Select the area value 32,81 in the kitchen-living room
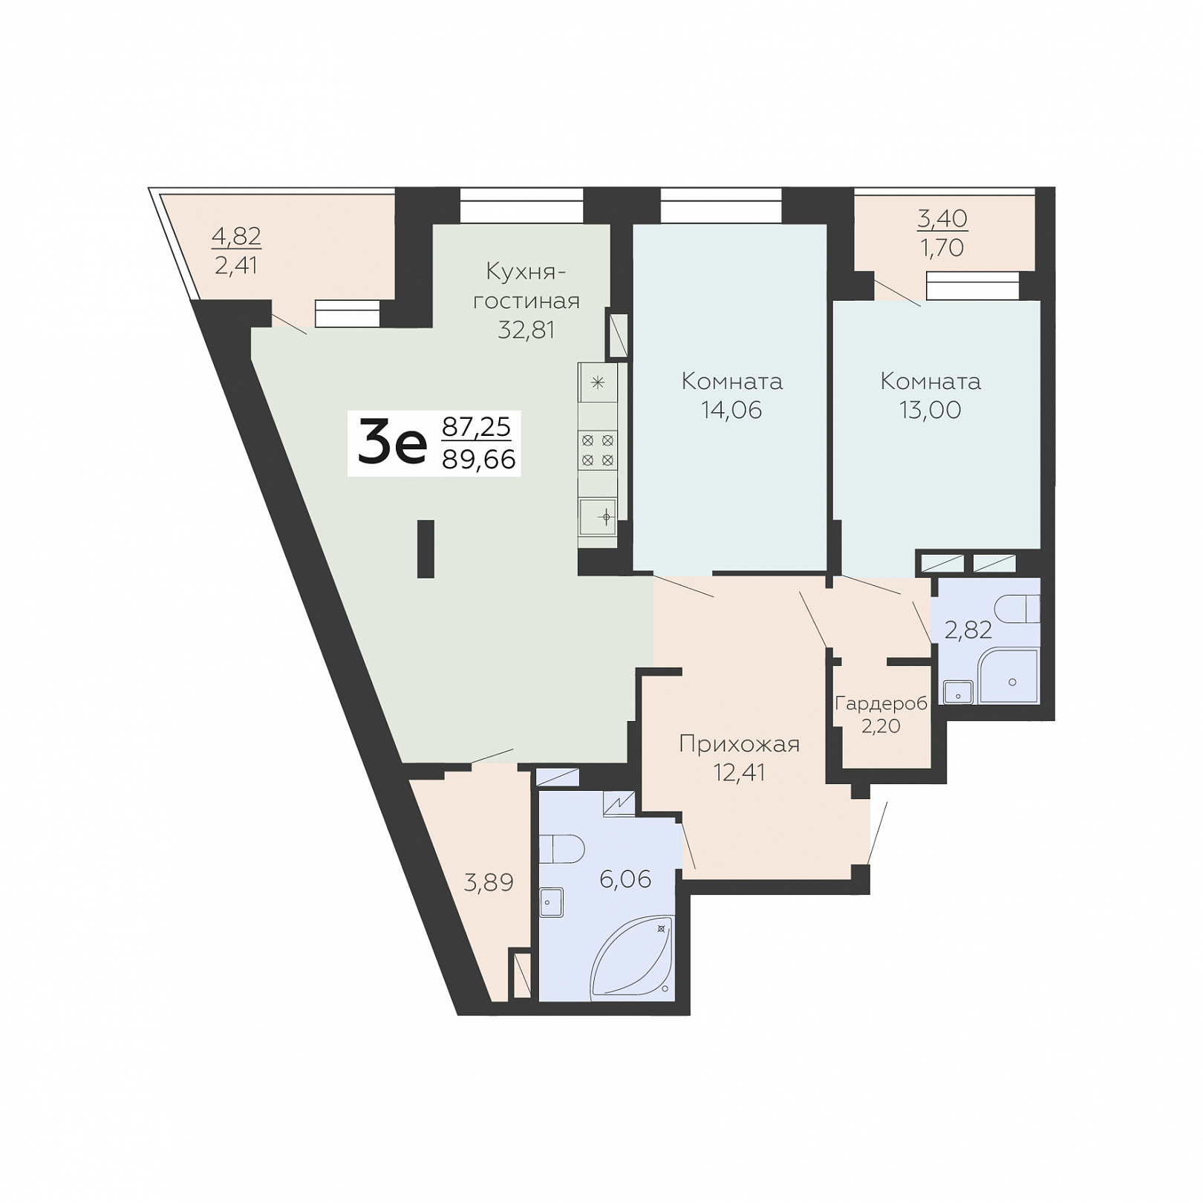click(x=526, y=330)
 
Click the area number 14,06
click(x=732, y=410)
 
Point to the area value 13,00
click(x=930, y=410)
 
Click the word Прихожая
click(x=740, y=744)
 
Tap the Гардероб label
click(x=881, y=703)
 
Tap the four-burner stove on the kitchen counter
click(x=598, y=450)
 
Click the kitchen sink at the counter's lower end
click(x=599, y=516)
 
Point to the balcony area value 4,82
click(x=237, y=237)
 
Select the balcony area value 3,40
click(x=942, y=218)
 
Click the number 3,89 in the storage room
click(x=489, y=882)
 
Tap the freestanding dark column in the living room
click(x=426, y=549)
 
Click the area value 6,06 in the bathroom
click(x=625, y=879)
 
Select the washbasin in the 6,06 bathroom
click(x=552, y=902)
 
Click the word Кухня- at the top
click(x=526, y=272)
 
